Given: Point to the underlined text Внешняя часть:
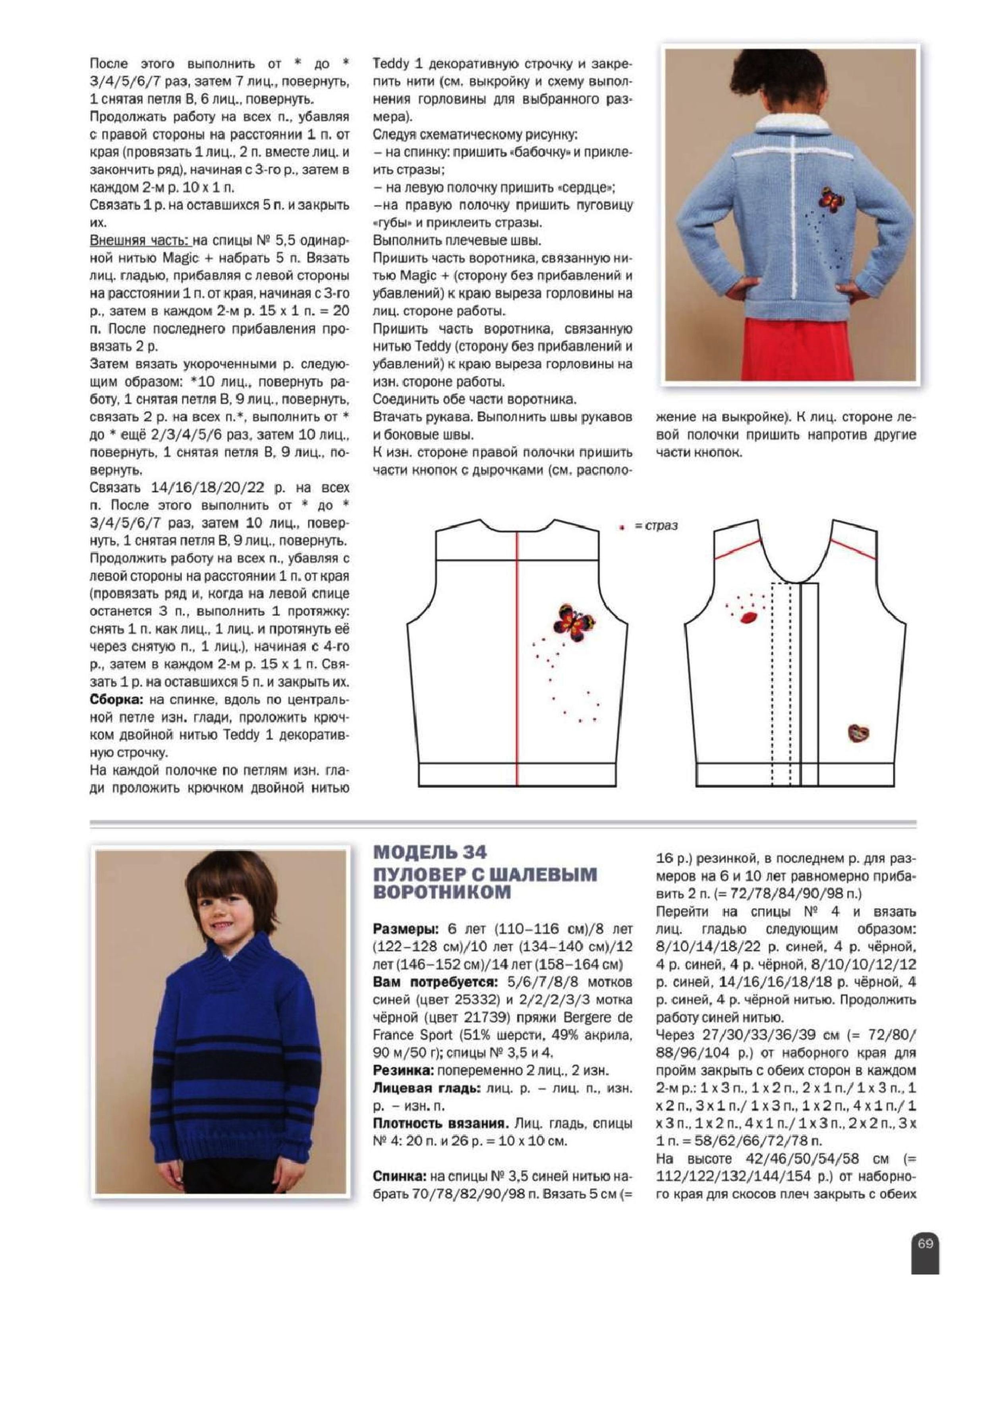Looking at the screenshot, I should [x=141, y=240].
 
